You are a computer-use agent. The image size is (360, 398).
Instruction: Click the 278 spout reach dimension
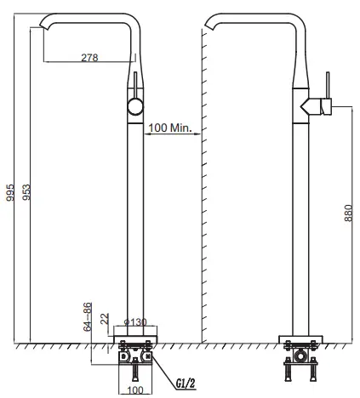click(89, 57)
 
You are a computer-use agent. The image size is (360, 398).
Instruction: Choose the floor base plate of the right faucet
click(300, 337)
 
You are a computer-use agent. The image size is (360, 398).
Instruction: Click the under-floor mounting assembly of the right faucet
click(300, 361)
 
